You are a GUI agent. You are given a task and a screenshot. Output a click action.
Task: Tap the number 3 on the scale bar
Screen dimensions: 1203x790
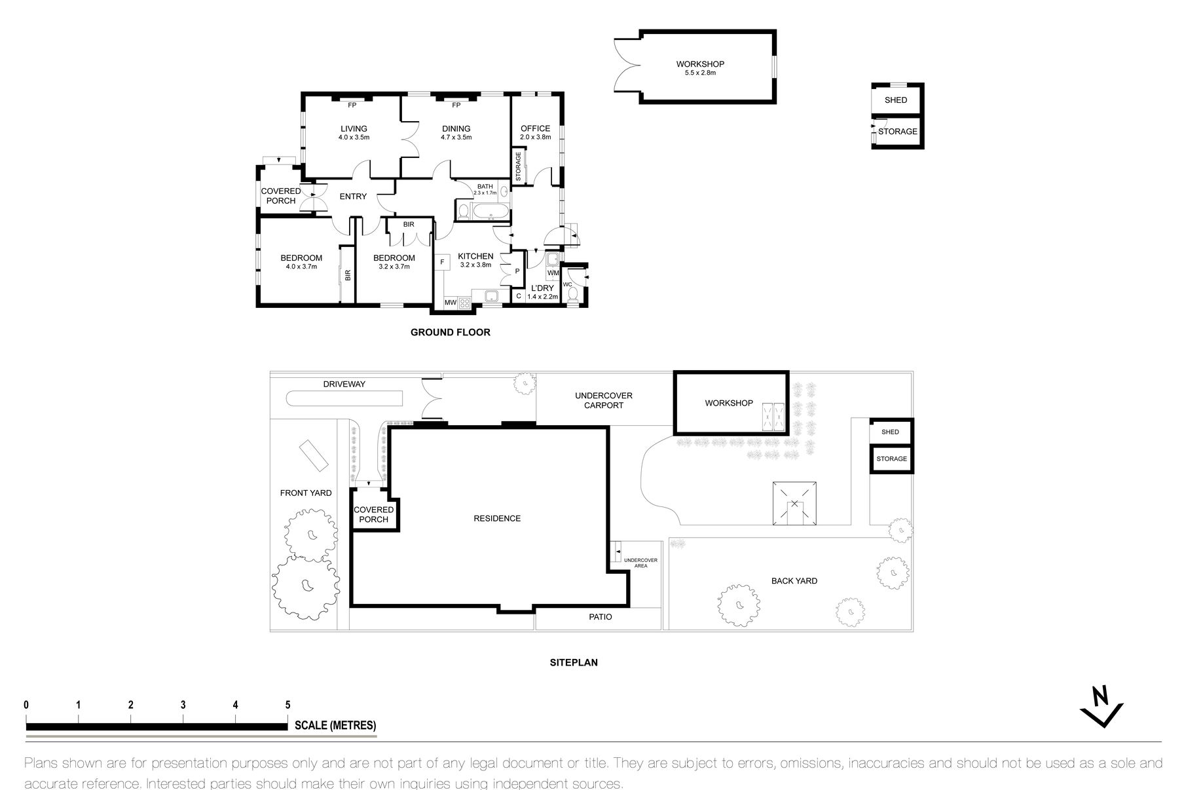[183, 705]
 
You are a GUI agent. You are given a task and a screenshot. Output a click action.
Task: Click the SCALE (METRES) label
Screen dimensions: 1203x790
[335, 725]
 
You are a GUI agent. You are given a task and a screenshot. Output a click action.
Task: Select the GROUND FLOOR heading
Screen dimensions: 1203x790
[451, 332]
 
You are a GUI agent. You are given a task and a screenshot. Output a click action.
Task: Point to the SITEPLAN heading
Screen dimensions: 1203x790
[574, 662]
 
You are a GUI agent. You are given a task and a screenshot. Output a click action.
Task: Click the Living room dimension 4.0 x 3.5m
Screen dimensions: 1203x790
[354, 138]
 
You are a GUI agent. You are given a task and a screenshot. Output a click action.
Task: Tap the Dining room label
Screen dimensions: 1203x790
[456, 128]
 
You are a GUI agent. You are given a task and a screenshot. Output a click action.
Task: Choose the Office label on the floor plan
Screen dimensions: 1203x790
[536, 128]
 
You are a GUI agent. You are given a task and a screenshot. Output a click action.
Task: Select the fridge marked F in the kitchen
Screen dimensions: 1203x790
[443, 262]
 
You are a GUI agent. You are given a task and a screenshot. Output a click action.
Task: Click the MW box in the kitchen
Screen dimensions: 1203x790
[451, 303]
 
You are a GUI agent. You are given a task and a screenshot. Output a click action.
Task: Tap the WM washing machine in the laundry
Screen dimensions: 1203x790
[553, 273]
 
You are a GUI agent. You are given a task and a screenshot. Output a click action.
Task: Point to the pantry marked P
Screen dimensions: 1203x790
[517, 271]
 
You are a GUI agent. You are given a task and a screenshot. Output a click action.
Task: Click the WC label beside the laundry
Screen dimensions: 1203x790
[568, 284]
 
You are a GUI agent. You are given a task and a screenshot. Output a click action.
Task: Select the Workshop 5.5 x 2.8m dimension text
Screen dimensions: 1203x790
[700, 73]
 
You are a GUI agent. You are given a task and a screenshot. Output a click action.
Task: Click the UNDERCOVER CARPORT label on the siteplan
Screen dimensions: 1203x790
[604, 400]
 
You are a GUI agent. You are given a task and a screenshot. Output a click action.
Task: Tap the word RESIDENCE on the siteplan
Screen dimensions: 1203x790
[497, 518]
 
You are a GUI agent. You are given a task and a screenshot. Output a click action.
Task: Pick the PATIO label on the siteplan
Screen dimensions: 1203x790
[601, 617]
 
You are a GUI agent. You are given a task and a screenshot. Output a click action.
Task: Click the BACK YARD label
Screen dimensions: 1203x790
[794, 580]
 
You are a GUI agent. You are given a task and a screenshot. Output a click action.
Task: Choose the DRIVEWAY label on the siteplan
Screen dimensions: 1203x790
[344, 384]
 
